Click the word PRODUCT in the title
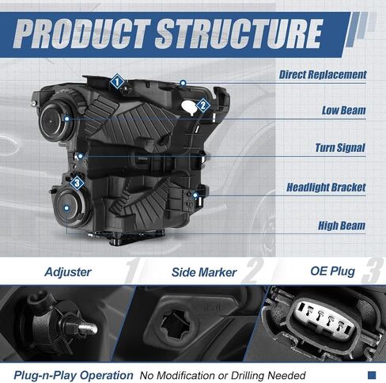[x=82, y=35]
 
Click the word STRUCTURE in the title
[x=239, y=35]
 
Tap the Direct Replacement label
[x=323, y=74]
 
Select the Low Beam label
[x=343, y=110]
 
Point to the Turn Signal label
[x=340, y=148]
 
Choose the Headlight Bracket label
[x=326, y=188]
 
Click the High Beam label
[x=342, y=226]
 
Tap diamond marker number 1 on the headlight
[x=117, y=82]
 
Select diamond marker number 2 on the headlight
[x=202, y=106]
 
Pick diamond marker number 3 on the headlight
[x=77, y=183]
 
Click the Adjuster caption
[x=68, y=272]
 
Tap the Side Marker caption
[x=204, y=272]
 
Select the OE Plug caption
[x=333, y=271]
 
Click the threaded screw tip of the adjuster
[x=88, y=328]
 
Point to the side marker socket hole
[x=175, y=324]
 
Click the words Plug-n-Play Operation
[x=74, y=375]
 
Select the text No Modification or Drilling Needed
[x=222, y=375]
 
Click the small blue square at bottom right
[x=372, y=375]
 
